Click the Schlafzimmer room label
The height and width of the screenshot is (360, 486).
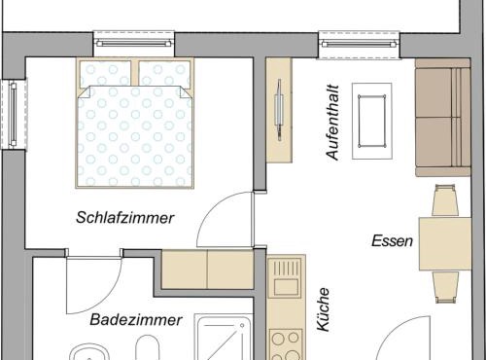click(125, 218)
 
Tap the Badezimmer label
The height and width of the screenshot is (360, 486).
click(136, 320)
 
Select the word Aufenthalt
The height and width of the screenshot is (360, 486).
click(332, 123)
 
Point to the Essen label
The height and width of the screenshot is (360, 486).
click(392, 241)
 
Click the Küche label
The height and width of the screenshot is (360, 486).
click(324, 309)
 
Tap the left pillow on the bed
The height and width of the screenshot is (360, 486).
click(105, 74)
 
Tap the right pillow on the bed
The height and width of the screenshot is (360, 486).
click(164, 74)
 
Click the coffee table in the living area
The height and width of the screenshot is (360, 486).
click(372, 121)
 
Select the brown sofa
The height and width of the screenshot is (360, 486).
click(443, 118)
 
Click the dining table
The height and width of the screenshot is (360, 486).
click(445, 244)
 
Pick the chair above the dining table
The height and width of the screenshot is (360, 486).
click(445, 200)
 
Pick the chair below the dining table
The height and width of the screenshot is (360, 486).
click(445, 287)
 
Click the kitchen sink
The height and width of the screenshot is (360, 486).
click(286, 277)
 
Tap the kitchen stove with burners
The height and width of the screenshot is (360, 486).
click(286, 343)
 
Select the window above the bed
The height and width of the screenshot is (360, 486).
click(134, 44)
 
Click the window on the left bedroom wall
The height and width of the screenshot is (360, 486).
click(14, 115)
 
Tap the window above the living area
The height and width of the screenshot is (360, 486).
click(359, 45)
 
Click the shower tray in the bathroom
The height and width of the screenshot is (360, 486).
click(224, 338)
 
